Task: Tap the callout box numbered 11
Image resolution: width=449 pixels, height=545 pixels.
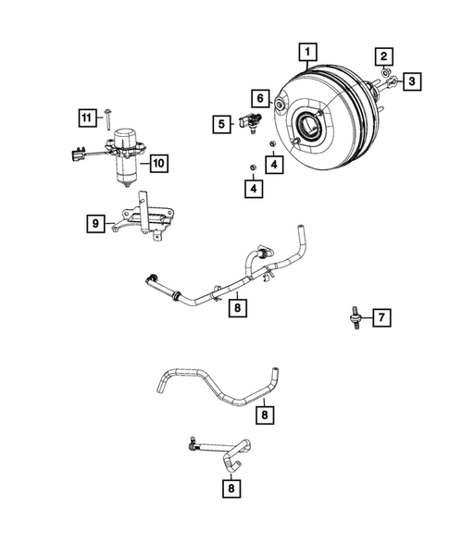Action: point(85,117)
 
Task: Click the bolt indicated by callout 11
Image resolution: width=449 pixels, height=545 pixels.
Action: point(108,118)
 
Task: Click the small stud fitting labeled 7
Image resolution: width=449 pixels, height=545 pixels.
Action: point(355,316)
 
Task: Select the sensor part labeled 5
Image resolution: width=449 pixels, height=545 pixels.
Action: point(247,119)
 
